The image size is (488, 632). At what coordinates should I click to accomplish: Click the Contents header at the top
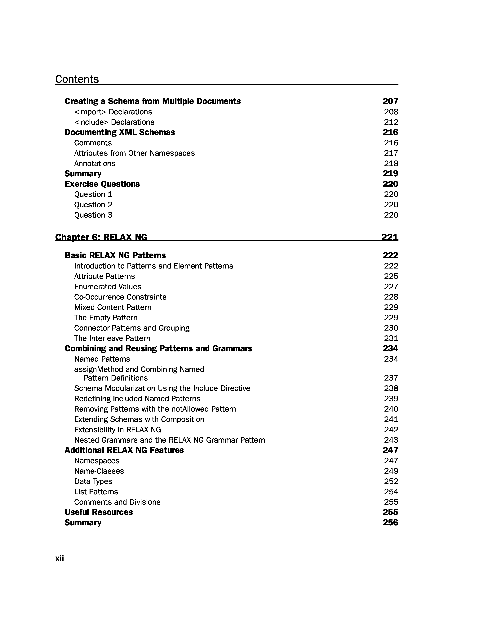pos(77,79)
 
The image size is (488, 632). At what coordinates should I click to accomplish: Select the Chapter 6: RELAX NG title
pos(101,237)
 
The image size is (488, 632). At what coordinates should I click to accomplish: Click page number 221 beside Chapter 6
pos(390,237)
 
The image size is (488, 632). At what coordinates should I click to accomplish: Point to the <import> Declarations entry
pos(113,112)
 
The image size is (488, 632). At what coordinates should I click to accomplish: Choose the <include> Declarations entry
pos(114,122)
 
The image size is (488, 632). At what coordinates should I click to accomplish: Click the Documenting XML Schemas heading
pos(120,132)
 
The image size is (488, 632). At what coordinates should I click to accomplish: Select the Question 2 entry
pos(93,205)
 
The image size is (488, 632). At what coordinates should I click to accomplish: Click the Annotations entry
pos(95,164)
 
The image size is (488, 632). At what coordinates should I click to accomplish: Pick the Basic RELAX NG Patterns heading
pos(115,255)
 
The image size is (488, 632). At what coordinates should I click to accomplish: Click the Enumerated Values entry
pos(108,287)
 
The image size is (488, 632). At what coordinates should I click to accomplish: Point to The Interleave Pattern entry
pos(112,338)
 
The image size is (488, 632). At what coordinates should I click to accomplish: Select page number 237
pos(391,378)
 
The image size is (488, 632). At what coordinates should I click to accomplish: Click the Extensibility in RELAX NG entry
pos(118,430)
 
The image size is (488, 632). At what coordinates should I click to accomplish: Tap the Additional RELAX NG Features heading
pos(124,450)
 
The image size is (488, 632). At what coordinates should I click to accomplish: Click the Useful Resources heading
pos(99,512)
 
